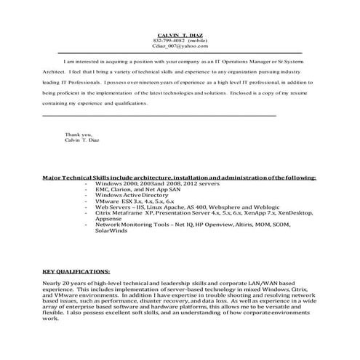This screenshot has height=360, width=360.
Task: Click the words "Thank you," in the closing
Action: click(78, 135)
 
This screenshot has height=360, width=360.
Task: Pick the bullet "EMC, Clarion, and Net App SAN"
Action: click(131, 190)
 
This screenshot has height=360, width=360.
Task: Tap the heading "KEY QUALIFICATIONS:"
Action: click(76, 268)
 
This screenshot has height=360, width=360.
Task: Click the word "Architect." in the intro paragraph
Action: click(55, 73)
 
